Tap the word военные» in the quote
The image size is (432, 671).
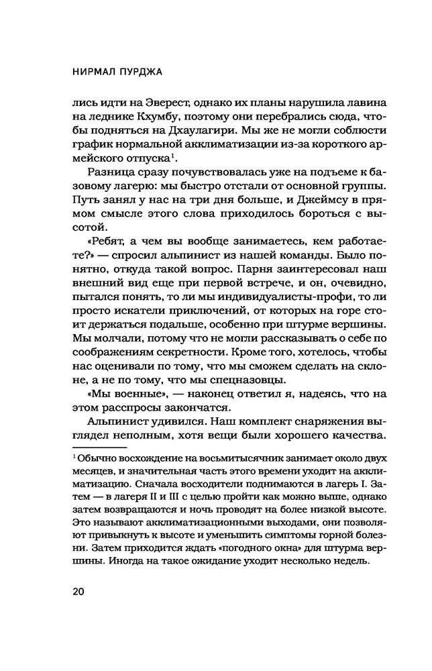[x=142, y=402]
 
